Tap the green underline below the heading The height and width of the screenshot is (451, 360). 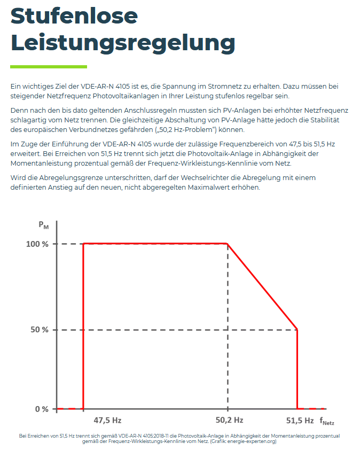pos(49,67)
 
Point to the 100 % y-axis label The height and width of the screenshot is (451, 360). pos(37,244)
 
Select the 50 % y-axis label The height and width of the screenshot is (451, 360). pos(39,330)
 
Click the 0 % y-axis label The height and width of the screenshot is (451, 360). pos(42,409)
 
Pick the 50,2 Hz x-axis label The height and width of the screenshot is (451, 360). pos(230,420)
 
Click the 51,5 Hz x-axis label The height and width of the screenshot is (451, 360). pos(300,420)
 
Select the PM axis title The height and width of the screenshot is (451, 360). pos(43,226)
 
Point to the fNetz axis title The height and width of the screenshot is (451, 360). pos(327,421)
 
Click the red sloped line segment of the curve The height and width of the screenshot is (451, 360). pos(262,287)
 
